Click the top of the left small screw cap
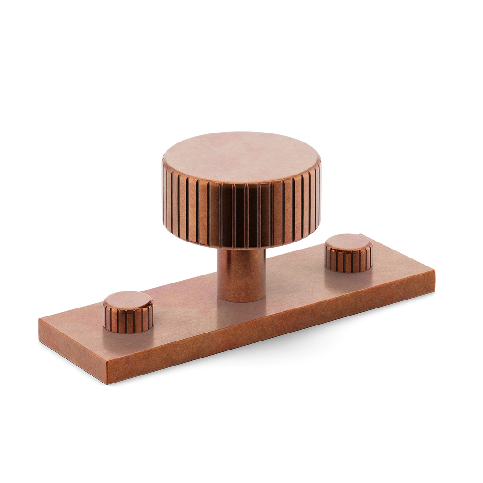[127, 300]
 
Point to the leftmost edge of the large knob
[162, 189]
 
